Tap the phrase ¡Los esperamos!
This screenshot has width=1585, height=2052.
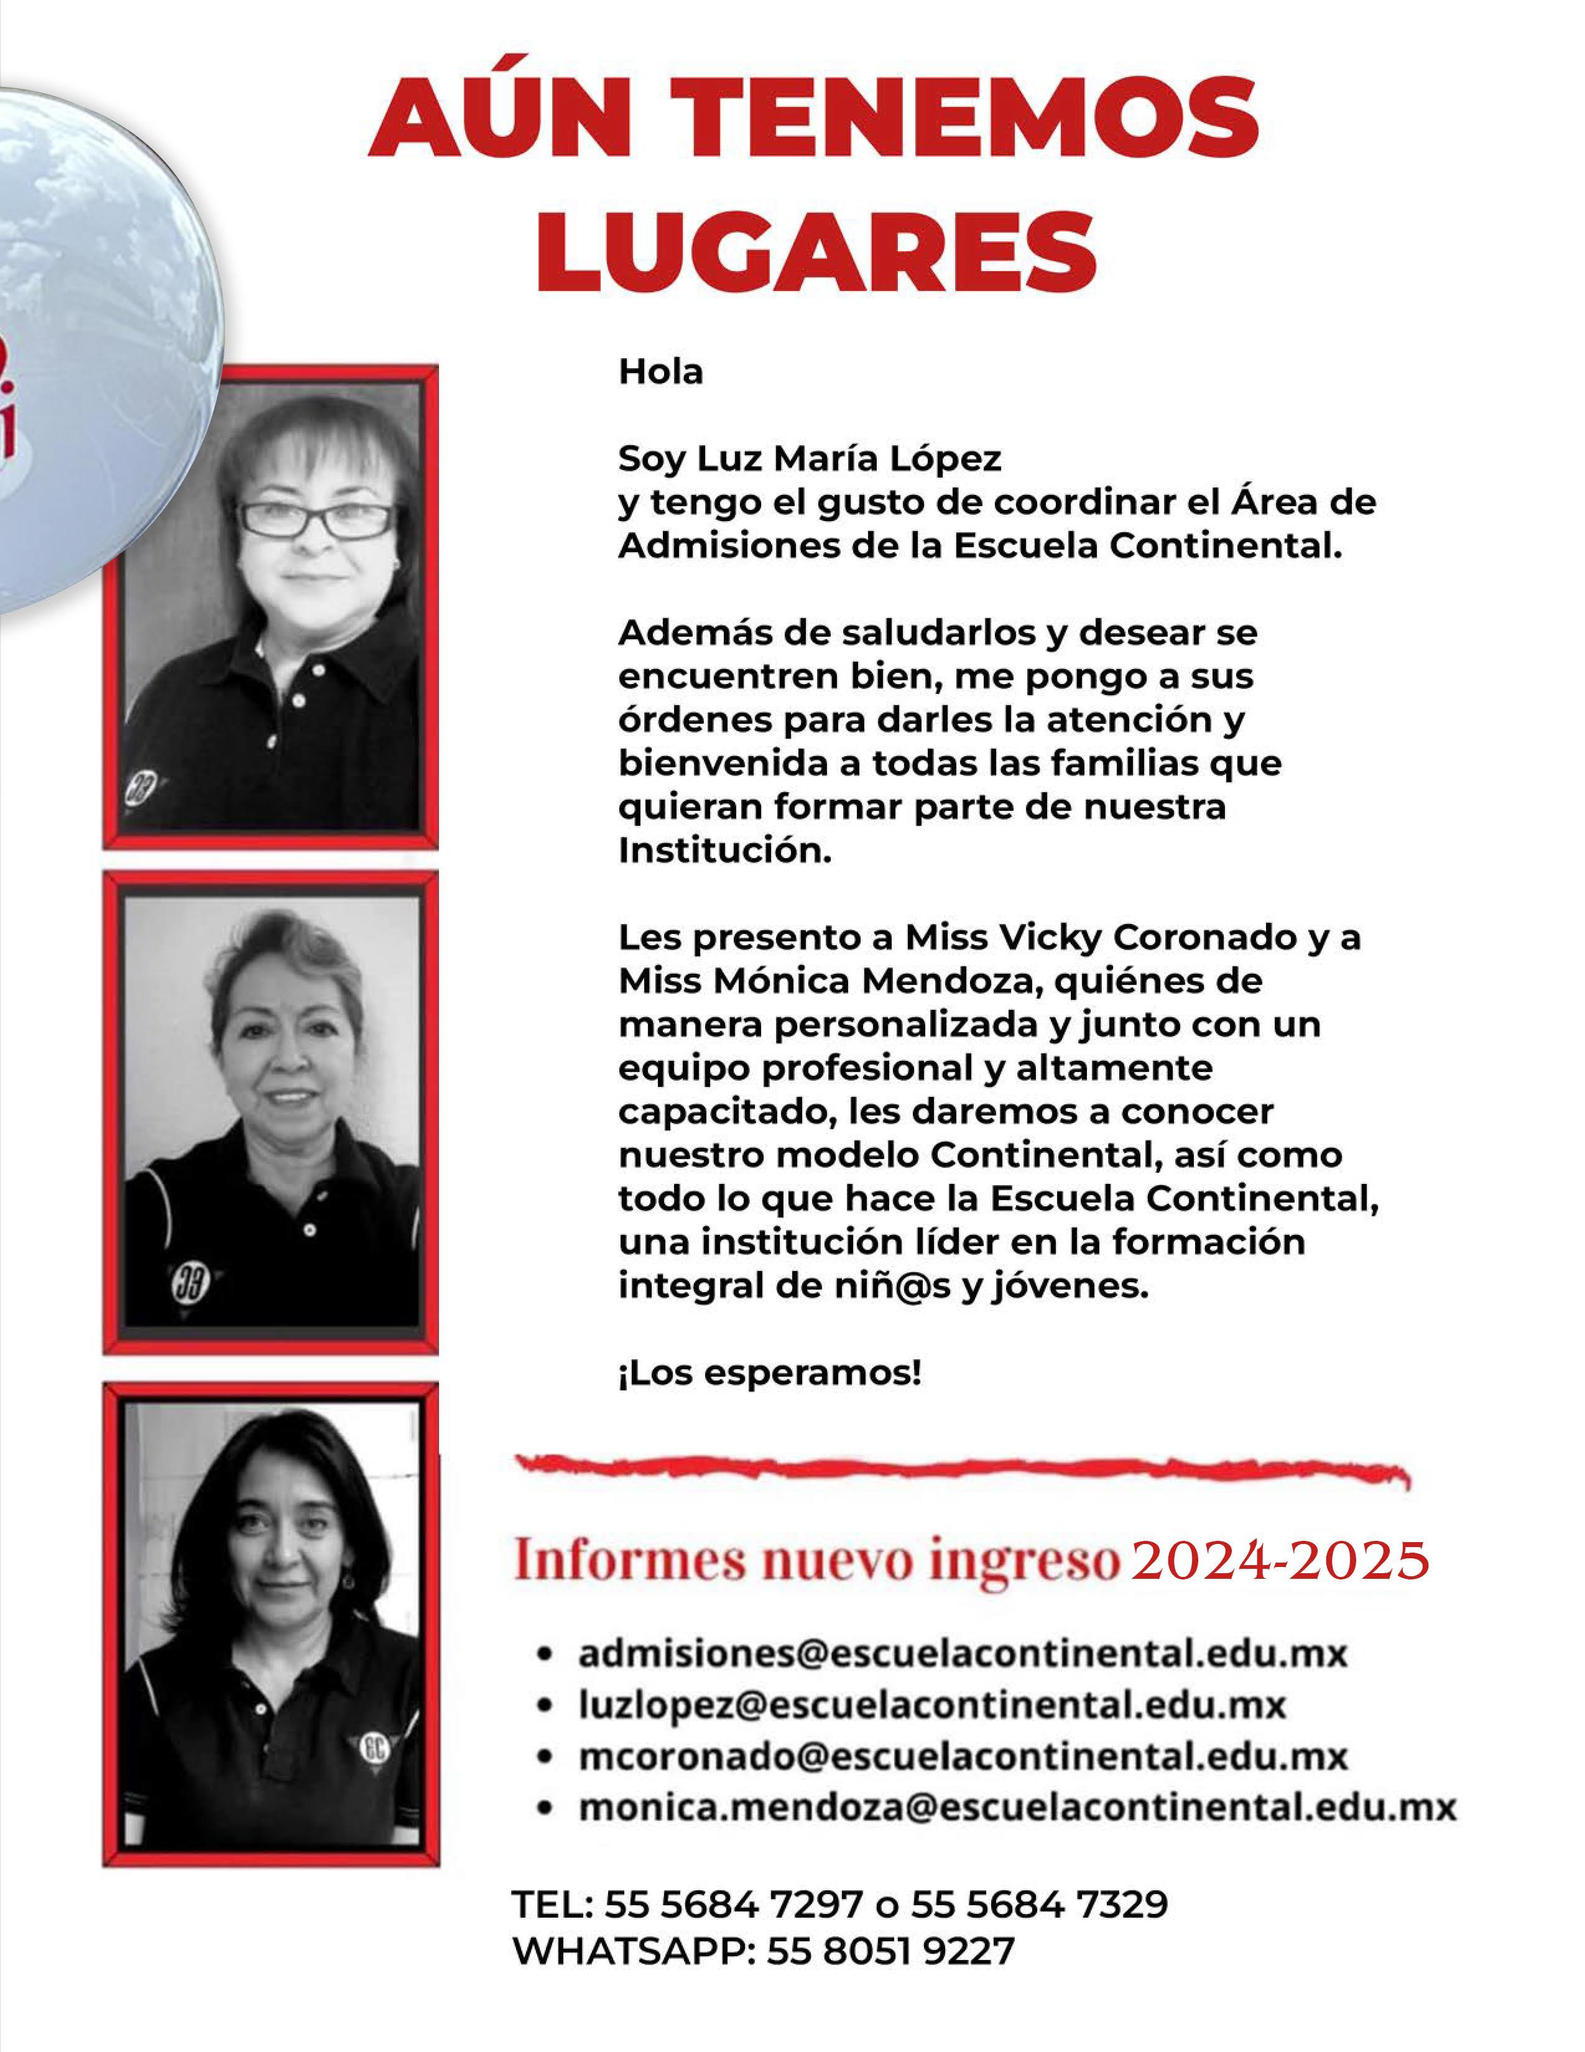pos(769,1374)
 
